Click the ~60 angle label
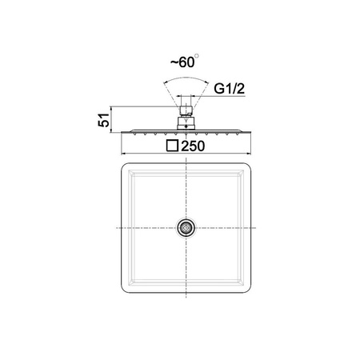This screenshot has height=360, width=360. [182, 62]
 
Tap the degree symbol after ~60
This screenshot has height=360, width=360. [197, 56]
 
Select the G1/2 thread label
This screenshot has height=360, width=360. [229, 89]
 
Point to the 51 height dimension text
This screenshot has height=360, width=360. [104, 120]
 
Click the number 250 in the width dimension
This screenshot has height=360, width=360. [193, 146]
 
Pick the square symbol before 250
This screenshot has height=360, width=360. [172, 146]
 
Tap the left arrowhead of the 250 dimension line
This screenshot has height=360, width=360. [123, 154]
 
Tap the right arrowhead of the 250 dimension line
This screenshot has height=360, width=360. [249, 154]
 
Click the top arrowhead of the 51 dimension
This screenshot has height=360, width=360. [110, 108]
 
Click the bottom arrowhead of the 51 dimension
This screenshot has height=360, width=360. [110, 130]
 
